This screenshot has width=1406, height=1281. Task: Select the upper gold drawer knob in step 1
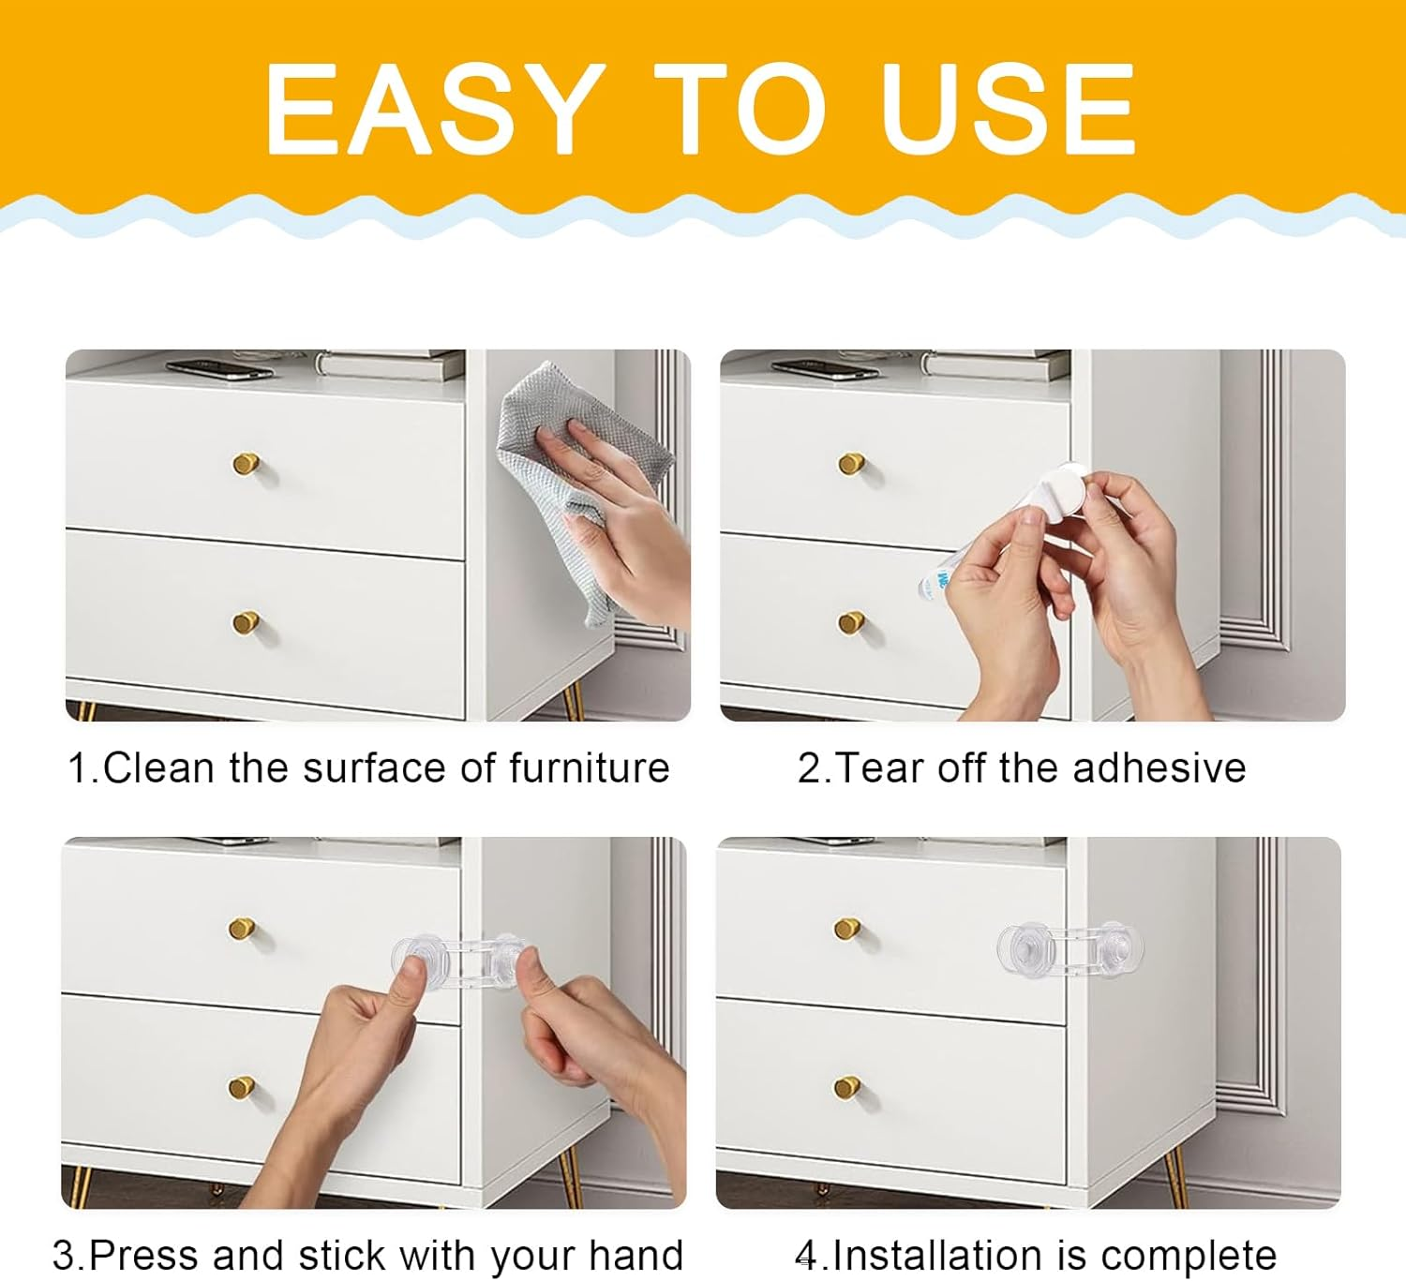tap(247, 463)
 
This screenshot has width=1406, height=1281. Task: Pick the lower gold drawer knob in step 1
tap(247, 622)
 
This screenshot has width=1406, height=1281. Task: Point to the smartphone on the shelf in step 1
tap(219, 369)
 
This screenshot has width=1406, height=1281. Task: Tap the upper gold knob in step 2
tap(851, 463)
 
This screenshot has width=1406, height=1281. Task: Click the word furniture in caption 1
tap(590, 768)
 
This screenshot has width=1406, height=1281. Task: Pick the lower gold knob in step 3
tap(242, 1087)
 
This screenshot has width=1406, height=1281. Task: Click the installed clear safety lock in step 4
tap(1069, 950)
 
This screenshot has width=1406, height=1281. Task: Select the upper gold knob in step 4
tap(847, 928)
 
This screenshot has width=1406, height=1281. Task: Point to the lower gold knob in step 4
tap(847, 1087)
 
